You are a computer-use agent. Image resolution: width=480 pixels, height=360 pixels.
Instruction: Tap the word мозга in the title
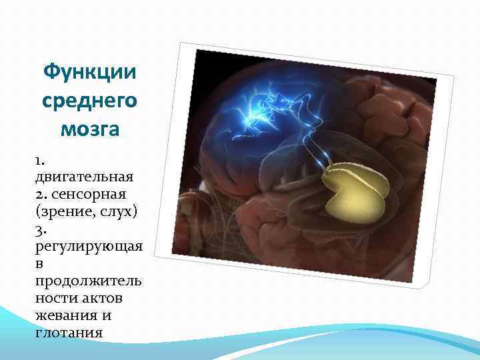(89, 129)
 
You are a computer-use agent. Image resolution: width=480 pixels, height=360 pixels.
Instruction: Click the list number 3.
(40, 229)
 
